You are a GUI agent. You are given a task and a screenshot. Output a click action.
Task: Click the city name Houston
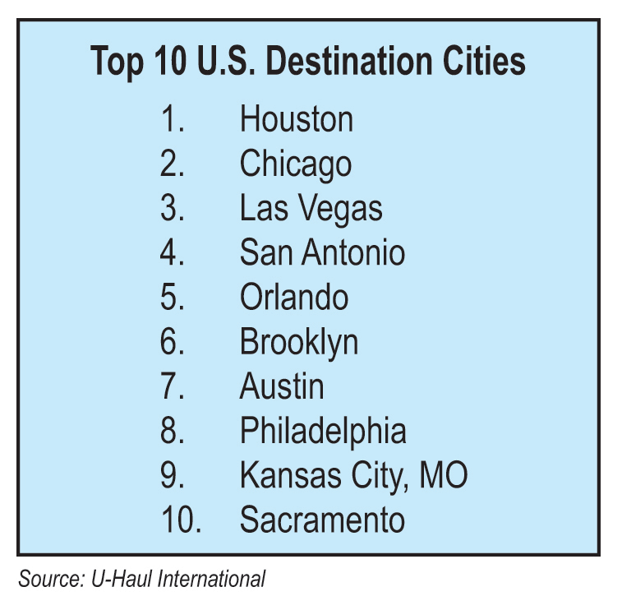(x=297, y=118)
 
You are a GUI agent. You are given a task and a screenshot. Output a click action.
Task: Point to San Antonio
(x=322, y=252)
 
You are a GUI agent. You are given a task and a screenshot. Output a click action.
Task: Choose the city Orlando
(x=294, y=297)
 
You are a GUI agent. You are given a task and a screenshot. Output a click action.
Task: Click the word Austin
(x=282, y=386)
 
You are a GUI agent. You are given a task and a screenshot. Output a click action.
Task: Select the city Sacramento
(x=322, y=519)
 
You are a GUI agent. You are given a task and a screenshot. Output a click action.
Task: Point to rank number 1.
(x=173, y=118)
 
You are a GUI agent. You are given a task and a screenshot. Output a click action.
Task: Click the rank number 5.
(x=173, y=297)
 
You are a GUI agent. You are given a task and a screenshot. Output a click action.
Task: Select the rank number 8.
(x=173, y=430)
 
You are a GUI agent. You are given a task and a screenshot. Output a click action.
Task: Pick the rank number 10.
(x=182, y=519)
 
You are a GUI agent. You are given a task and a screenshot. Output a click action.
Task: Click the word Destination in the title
(x=348, y=61)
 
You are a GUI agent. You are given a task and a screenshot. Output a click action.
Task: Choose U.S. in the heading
(x=225, y=61)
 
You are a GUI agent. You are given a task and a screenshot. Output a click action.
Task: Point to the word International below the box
(x=211, y=578)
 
